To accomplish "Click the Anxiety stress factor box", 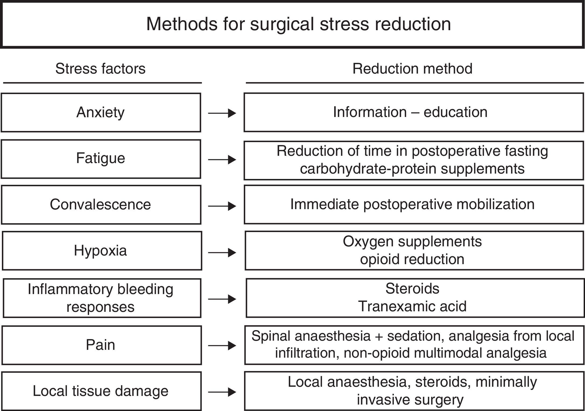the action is tap(101, 112).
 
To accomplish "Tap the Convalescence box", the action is tap(101, 205).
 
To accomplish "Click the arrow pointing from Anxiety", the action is tap(222, 113).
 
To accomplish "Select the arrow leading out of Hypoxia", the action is tap(222, 253).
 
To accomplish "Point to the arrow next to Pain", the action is tap(222, 346).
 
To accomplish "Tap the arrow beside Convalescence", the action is tap(222, 206).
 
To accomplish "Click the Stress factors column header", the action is tap(100, 69).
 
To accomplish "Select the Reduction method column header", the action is tap(412, 69).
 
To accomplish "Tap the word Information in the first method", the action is tap(370, 112).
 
